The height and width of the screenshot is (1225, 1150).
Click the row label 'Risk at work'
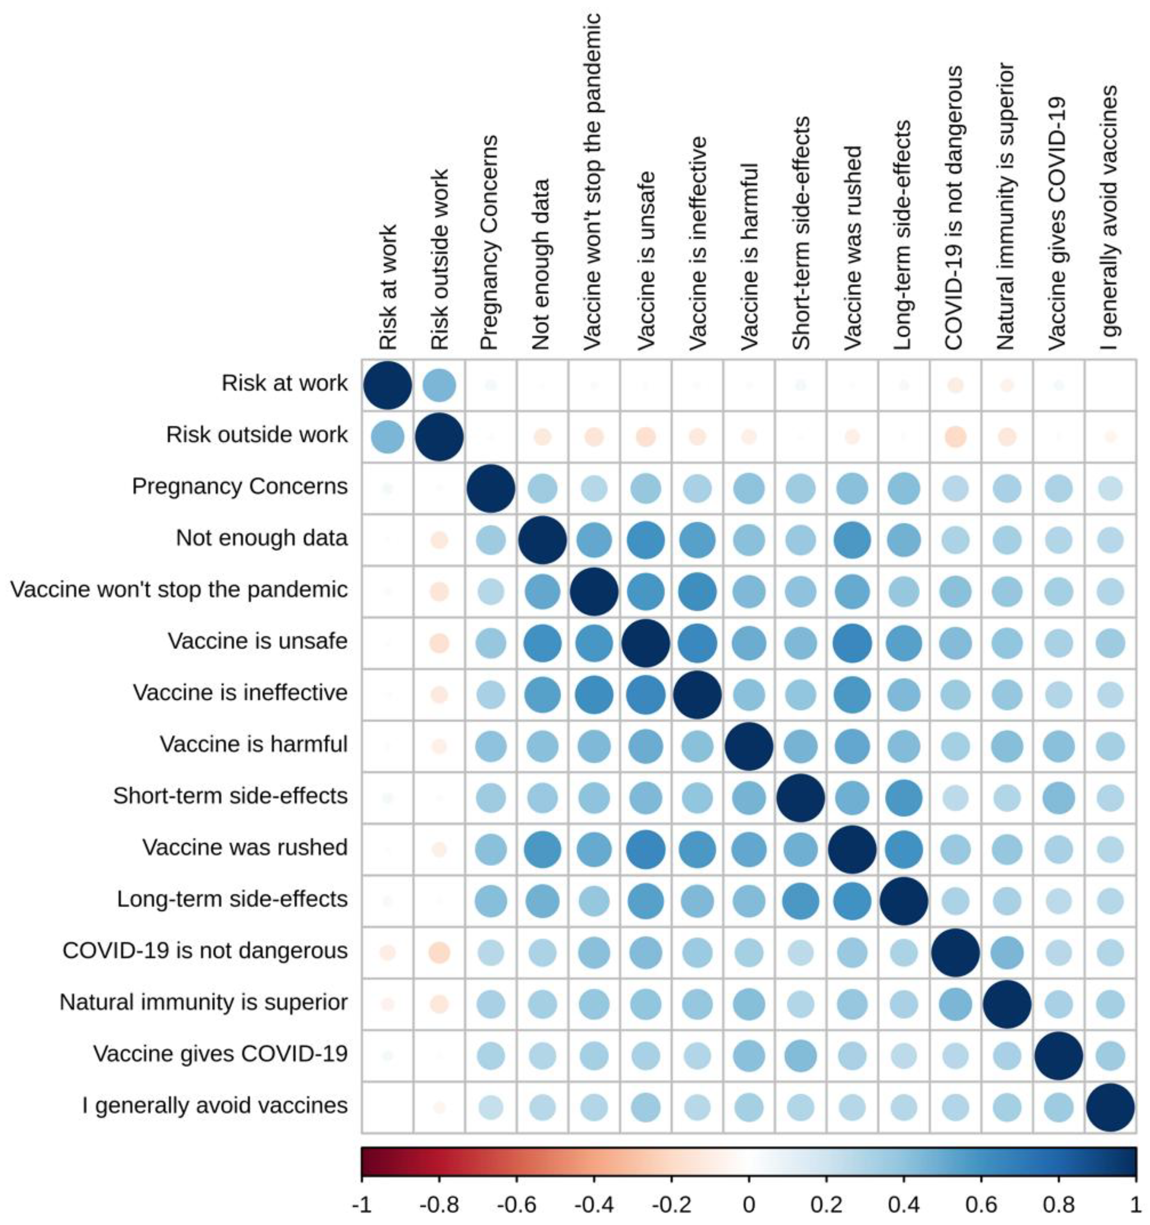(x=284, y=383)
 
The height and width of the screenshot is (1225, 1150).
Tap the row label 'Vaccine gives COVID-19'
(x=220, y=1054)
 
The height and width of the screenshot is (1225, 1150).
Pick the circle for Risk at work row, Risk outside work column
(x=439, y=386)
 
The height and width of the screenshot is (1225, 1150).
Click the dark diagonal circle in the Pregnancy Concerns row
(x=491, y=489)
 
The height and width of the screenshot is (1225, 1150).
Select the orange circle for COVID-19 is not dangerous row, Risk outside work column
(x=439, y=953)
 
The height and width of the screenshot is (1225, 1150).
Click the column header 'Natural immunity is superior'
(x=1006, y=207)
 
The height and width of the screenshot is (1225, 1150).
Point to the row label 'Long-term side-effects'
(x=232, y=899)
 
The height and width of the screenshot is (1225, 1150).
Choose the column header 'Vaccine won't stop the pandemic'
(x=592, y=182)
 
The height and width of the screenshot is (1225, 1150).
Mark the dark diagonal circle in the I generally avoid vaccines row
(x=1110, y=1107)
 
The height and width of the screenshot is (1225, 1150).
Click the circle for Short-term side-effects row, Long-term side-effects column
(x=903, y=799)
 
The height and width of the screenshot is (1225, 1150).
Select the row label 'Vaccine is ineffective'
(x=240, y=693)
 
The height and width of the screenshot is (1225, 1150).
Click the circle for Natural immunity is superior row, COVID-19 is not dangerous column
(x=955, y=1004)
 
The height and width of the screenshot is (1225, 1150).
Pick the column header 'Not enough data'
(x=541, y=265)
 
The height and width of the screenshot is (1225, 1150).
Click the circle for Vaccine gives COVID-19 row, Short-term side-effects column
(x=800, y=1056)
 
